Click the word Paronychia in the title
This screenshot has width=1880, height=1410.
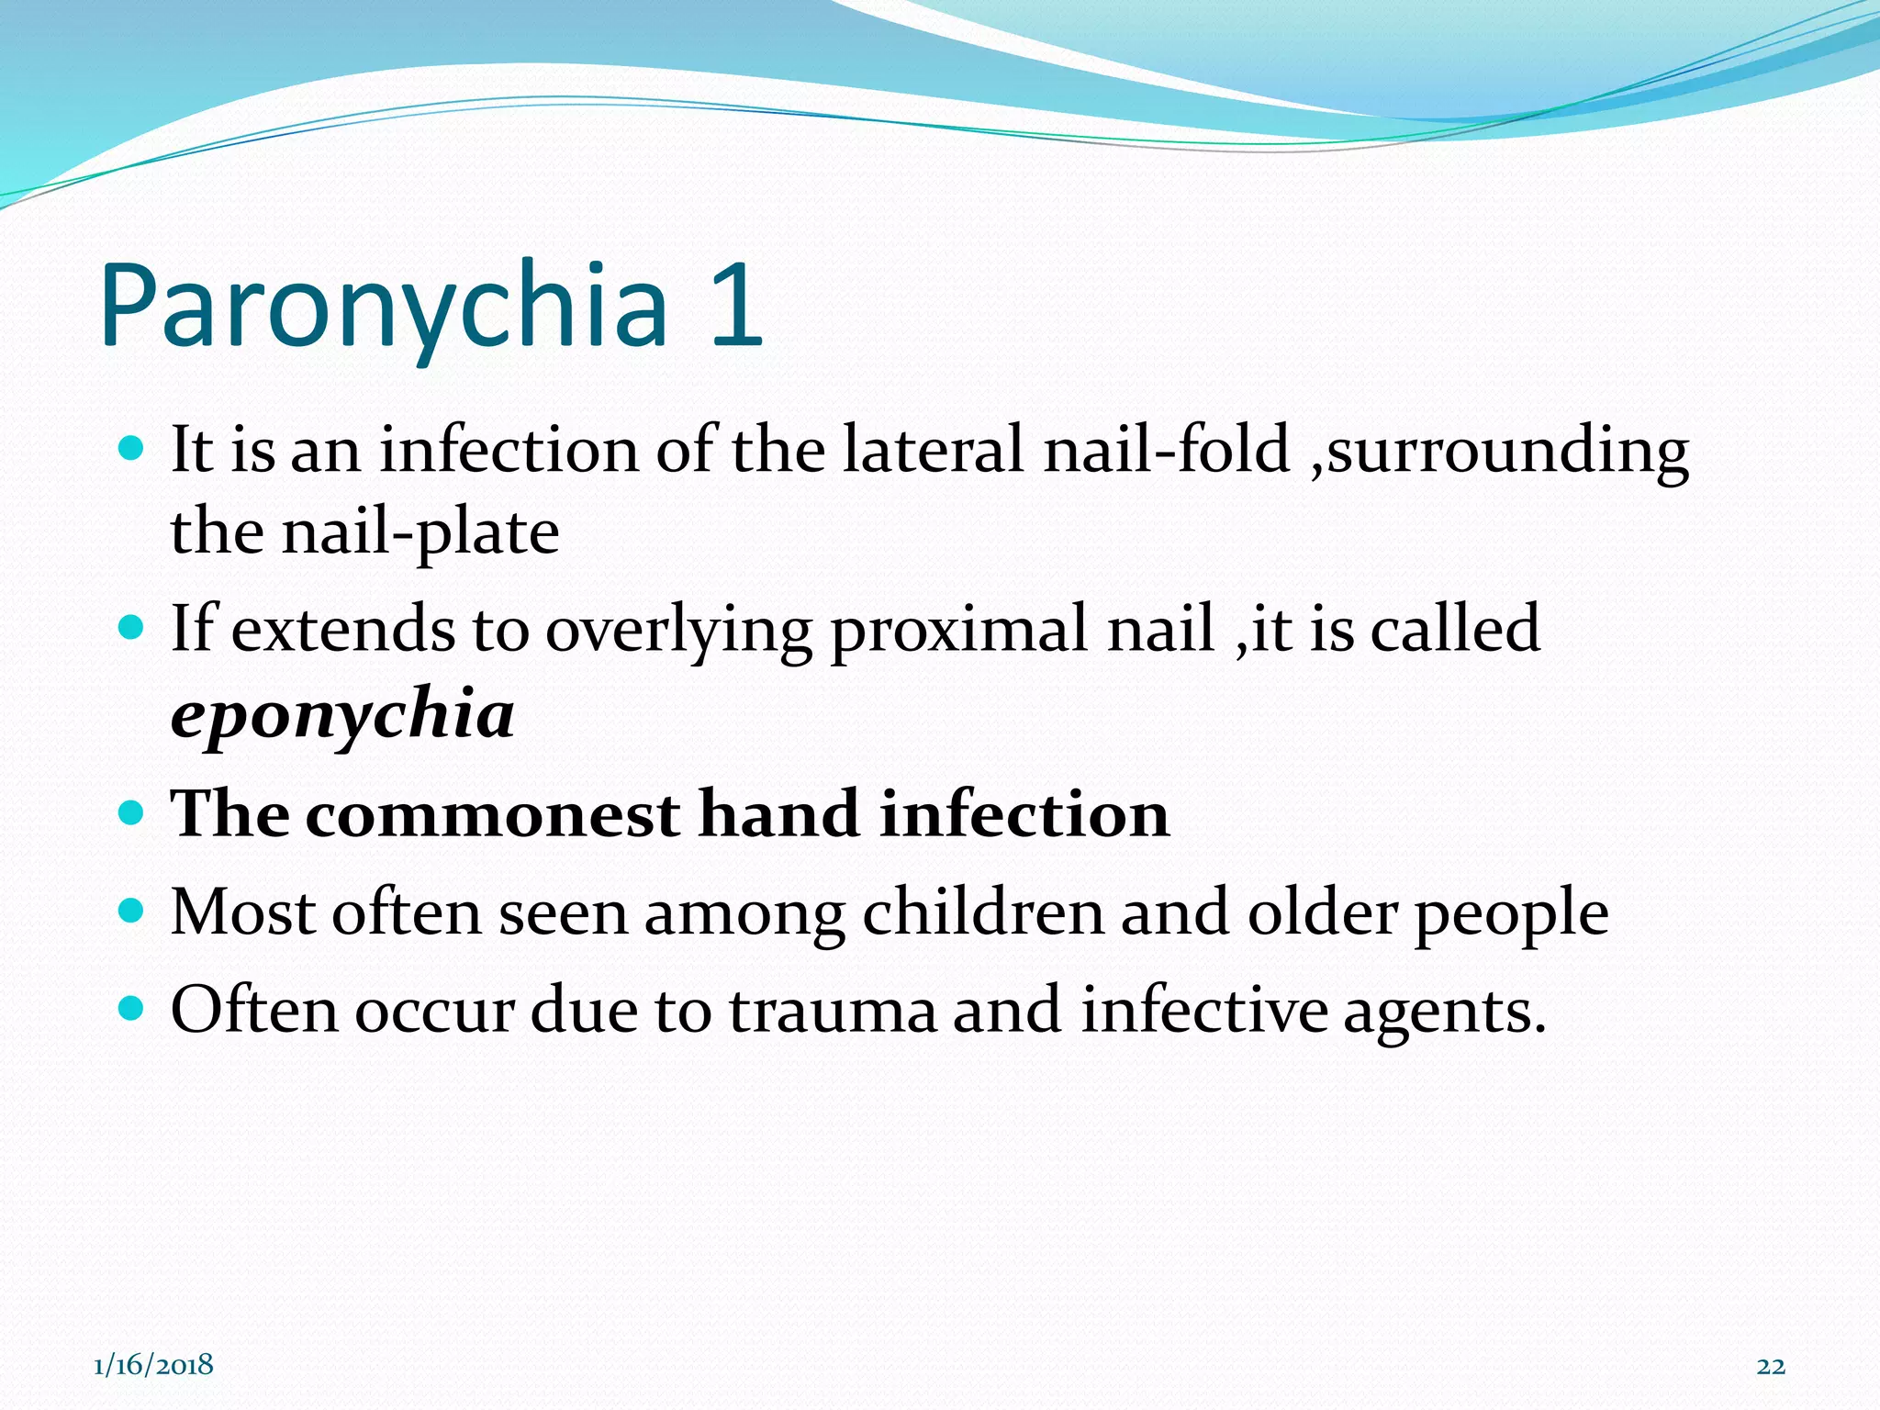click(x=384, y=308)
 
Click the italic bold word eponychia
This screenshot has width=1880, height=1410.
click(x=342, y=715)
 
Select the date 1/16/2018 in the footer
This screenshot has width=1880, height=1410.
click(x=153, y=1365)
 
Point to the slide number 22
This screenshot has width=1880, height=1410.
click(x=1771, y=1367)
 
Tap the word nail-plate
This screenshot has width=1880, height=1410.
click(x=420, y=532)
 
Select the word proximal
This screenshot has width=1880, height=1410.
click(x=959, y=630)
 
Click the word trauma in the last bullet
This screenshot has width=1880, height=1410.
click(x=833, y=1011)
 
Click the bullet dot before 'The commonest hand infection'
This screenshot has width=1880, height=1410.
click(x=132, y=812)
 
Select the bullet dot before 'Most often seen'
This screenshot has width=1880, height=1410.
click(x=132, y=911)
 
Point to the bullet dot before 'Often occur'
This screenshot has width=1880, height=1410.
click(x=132, y=1009)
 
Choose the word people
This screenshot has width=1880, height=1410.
click(x=1511, y=914)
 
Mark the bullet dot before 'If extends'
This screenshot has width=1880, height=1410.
click(x=132, y=628)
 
